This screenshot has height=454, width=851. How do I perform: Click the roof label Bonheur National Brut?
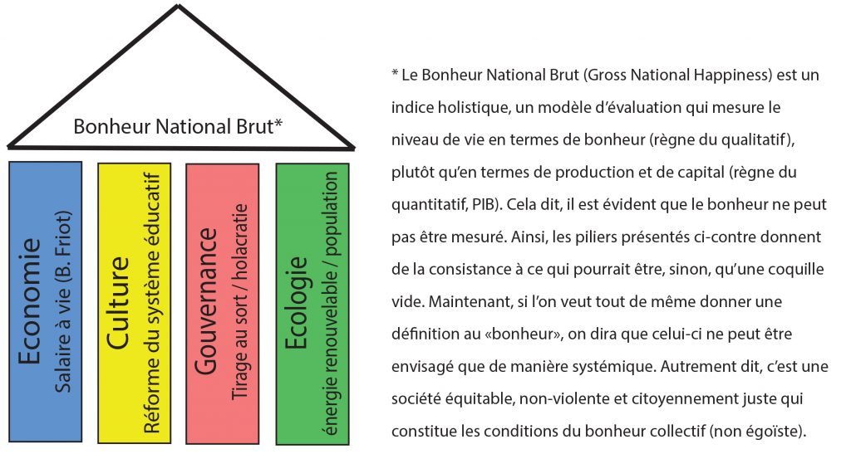(x=178, y=127)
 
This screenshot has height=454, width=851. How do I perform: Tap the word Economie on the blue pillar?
(x=30, y=301)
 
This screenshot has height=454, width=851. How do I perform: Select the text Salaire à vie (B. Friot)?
(x=63, y=302)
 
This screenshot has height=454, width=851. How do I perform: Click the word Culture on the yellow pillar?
(x=118, y=304)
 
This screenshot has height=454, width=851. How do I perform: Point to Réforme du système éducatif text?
(x=152, y=303)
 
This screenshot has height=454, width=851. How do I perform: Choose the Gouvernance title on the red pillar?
(x=207, y=301)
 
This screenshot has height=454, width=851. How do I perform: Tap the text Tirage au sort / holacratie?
(x=239, y=302)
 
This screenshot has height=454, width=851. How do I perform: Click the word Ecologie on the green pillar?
(x=297, y=303)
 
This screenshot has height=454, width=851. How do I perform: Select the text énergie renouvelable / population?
(x=329, y=304)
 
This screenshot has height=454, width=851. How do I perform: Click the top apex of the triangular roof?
(x=179, y=5)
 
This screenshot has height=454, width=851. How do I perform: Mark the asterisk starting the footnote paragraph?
(x=395, y=73)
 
